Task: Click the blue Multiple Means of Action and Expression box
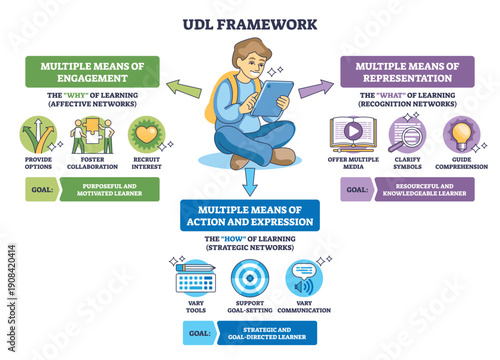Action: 249,214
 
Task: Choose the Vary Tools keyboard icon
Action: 196,277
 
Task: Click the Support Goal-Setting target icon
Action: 249,277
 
